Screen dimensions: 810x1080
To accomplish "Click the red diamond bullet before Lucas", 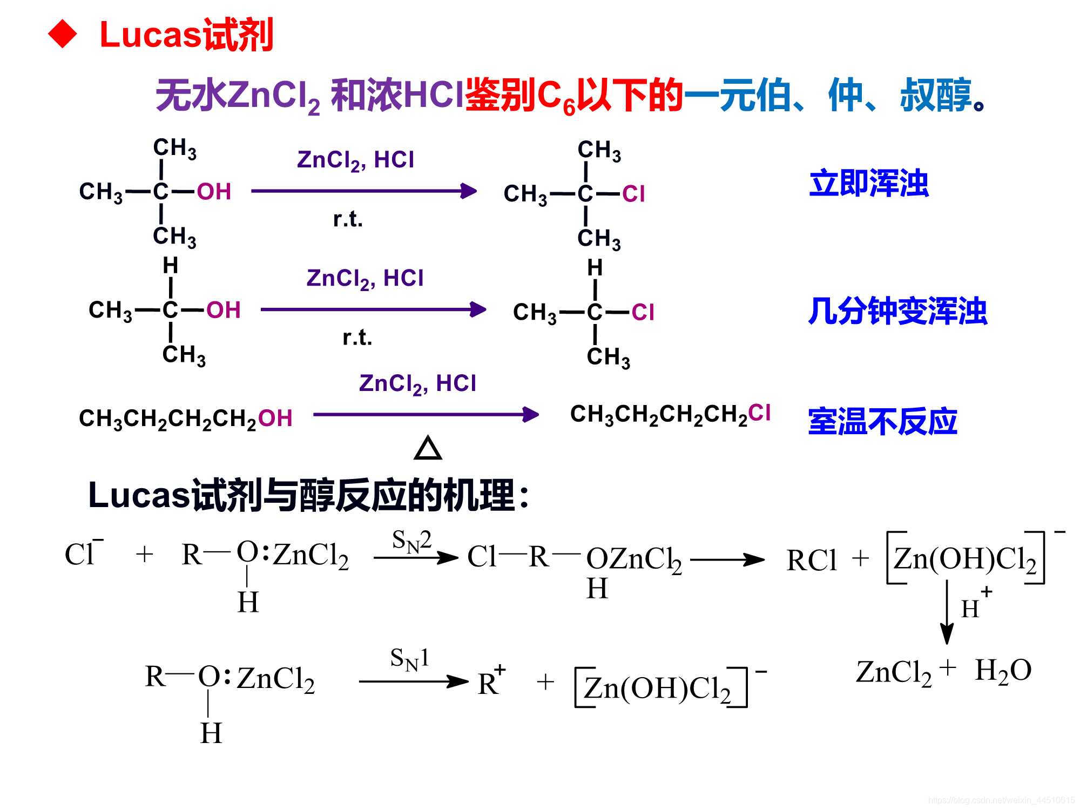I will pyautogui.click(x=63, y=35).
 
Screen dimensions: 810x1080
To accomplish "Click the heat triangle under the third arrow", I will pyautogui.click(x=428, y=449).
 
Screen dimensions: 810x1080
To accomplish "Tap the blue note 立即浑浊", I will pyautogui.click(x=868, y=184).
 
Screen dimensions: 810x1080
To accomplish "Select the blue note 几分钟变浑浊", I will pyautogui.click(x=897, y=312).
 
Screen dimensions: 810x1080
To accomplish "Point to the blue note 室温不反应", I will pyautogui.click(x=882, y=422).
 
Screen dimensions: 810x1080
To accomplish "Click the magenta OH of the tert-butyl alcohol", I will pyautogui.click(x=214, y=192).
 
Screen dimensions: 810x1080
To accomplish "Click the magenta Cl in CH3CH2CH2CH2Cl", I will pyautogui.click(x=759, y=413).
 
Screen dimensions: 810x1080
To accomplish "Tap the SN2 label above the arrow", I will pyautogui.click(x=411, y=541).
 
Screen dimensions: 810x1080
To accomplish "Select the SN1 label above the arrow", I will pyautogui.click(x=409, y=659).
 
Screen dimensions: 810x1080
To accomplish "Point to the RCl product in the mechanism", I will pyautogui.click(x=811, y=561).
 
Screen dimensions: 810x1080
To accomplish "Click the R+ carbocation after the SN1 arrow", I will pyautogui.click(x=490, y=683).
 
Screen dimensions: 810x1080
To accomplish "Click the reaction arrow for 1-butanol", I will pyautogui.click(x=426, y=415).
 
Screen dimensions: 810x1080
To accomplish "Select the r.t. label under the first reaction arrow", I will pyautogui.click(x=348, y=219).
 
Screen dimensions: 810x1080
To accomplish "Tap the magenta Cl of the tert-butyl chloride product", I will pyautogui.click(x=633, y=194).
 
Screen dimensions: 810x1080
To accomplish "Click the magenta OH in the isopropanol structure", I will pyautogui.click(x=223, y=310).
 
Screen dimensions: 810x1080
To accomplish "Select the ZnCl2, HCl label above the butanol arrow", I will pyautogui.click(x=417, y=384).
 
